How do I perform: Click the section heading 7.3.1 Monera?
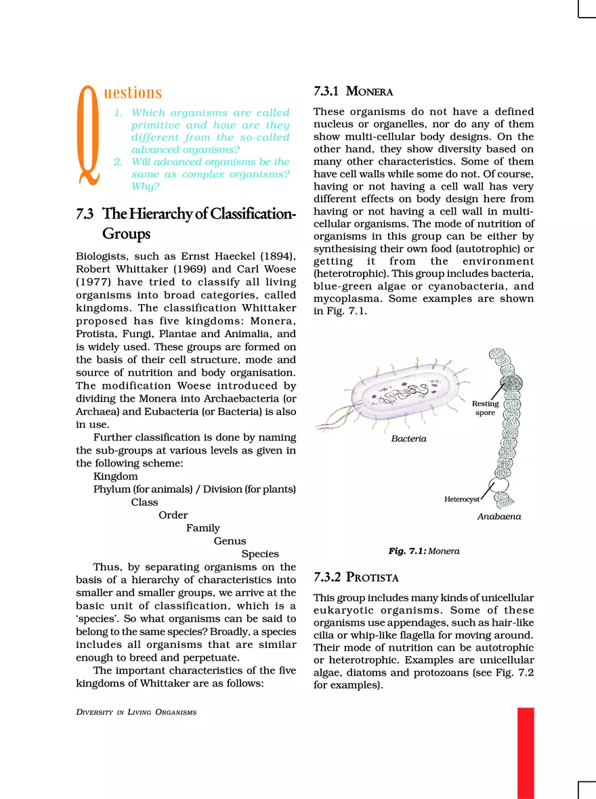pyautogui.click(x=353, y=91)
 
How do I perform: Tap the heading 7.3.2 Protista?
pyautogui.click(x=356, y=578)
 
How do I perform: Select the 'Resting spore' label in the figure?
pyautogui.click(x=485, y=408)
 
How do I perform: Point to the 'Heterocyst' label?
pyautogui.click(x=462, y=499)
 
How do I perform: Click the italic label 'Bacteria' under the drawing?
pyautogui.click(x=409, y=439)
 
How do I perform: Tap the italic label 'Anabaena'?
pyautogui.click(x=499, y=516)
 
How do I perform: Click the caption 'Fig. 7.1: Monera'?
pyautogui.click(x=424, y=551)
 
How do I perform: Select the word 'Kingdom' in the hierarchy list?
pyautogui.click(x=115, y=477)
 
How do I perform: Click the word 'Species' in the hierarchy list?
pyautogui.click(x=260, y=554)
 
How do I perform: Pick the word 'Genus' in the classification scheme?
pyautogui.click(x=230, y=541)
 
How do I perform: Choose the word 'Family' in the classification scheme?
pyautogui.click(x=203, y=528)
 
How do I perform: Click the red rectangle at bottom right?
pyautogui.click(x=526, y=752)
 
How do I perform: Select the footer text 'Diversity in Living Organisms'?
pyautogui.click(x=136, y=712)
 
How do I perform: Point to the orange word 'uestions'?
pyautogui.click(x=133, y=93)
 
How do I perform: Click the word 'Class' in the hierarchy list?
pyautogui.click(x=144, y=502)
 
